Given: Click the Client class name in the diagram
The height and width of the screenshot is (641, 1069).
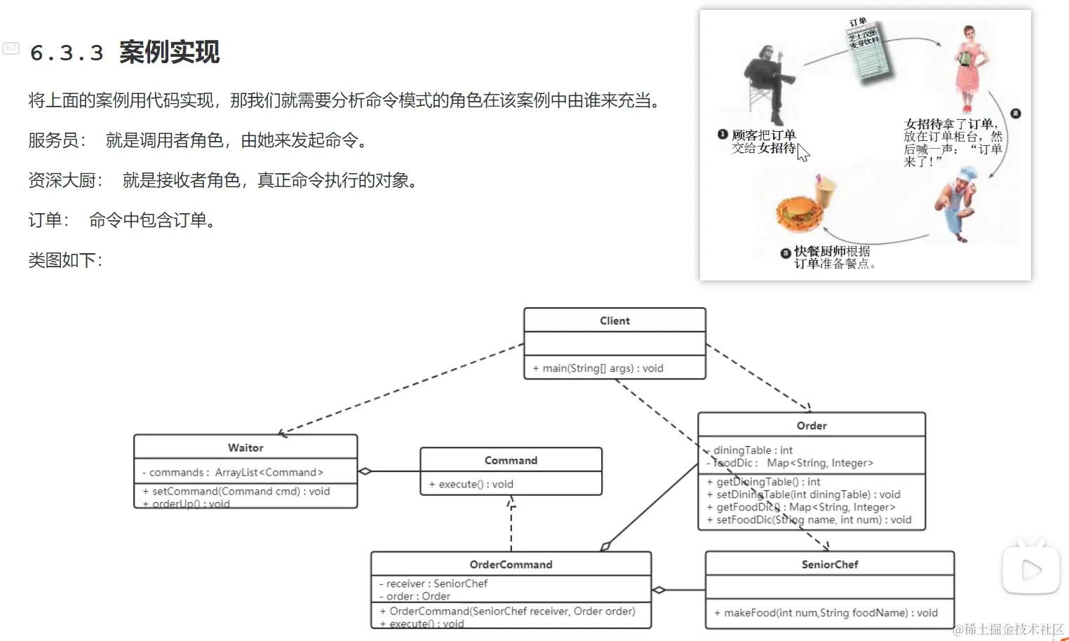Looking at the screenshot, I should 614,320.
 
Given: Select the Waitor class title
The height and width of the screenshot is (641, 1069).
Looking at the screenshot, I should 246,447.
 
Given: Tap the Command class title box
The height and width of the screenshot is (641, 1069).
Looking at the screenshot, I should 511,460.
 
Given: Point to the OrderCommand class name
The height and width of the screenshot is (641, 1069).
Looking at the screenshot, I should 511,565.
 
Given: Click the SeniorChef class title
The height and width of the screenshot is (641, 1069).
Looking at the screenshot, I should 830,565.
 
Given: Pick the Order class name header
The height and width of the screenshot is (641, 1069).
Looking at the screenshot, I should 812,426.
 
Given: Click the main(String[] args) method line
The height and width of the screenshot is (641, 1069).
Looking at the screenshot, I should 598,368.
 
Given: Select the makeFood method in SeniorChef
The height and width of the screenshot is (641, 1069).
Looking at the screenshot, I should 826,613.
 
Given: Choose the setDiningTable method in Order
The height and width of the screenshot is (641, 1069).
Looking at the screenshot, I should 808,494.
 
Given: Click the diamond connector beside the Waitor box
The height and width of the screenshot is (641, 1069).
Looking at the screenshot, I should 365,471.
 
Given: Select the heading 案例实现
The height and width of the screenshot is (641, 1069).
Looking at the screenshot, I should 169,53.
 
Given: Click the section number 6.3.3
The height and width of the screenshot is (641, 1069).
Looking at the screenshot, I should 67,53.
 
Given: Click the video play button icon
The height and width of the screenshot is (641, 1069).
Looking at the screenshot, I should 1030,570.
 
